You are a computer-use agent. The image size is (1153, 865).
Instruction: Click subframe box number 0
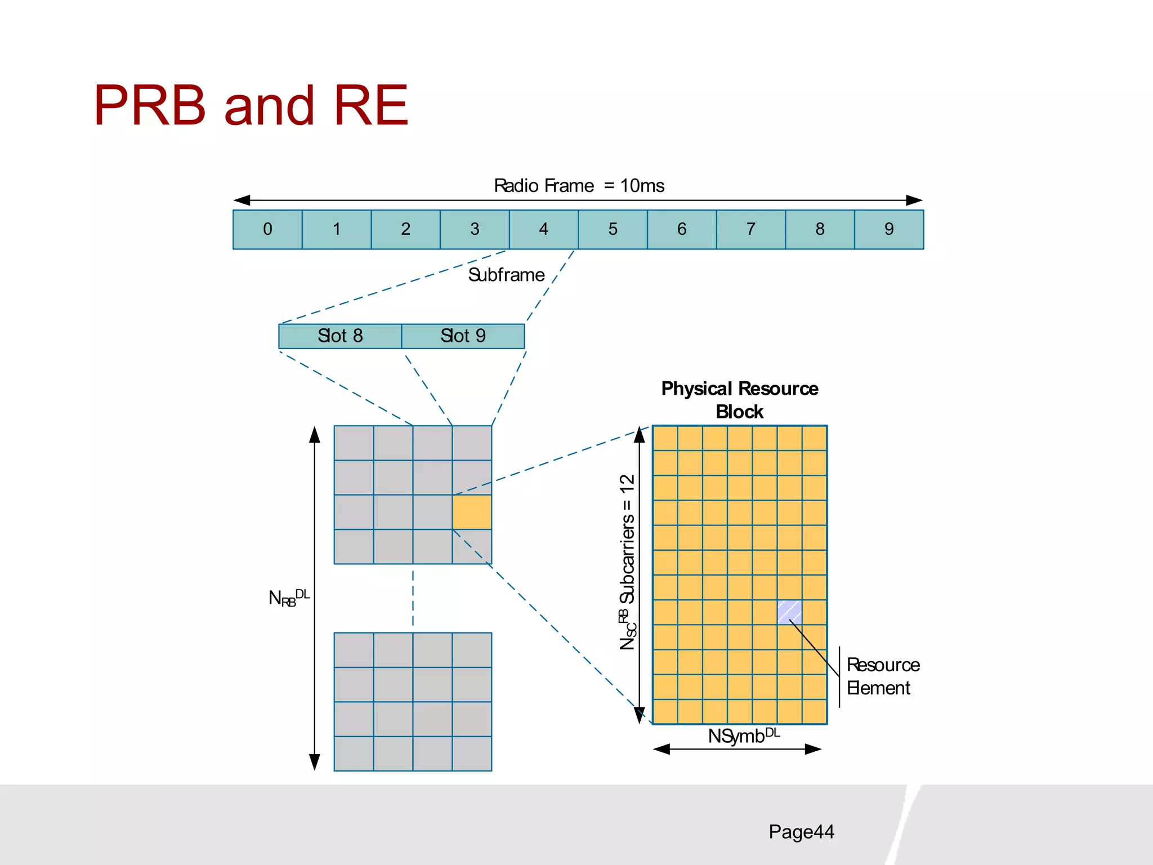click(x=267, y=229)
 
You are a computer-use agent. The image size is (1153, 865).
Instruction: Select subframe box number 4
click(x=543, y=229)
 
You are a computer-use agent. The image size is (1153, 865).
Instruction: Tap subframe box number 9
click(x=888, y=229)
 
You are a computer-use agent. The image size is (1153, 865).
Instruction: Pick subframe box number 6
click(x=681, y=229)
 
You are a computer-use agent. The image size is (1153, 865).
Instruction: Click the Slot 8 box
click(x=340, y=336)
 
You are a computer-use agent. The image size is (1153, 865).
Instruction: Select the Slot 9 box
click(x=463, y=336)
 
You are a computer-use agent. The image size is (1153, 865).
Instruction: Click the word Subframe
click(x=506, y=275)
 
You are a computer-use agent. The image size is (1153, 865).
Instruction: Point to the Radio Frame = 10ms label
click(x=579, y=186)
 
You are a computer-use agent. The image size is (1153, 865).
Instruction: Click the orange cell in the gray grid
click(x=472, y=512)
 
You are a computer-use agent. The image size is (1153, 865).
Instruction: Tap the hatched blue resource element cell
click(x=789, y=612)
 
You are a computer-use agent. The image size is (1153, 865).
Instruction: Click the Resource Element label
click(x=882, y=676)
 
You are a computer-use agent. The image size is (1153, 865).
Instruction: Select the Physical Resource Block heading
click(x=739, y=400)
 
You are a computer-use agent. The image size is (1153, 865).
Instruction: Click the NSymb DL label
click(x=743, y=735)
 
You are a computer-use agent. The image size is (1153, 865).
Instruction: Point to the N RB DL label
click(x=288, y=598)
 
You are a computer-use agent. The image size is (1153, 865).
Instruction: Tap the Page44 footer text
click(x=801, y=832)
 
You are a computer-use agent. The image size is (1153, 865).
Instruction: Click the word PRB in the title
click(x=150, y=105)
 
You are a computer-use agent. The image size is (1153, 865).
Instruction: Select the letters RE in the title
click(x=370, y=105)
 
